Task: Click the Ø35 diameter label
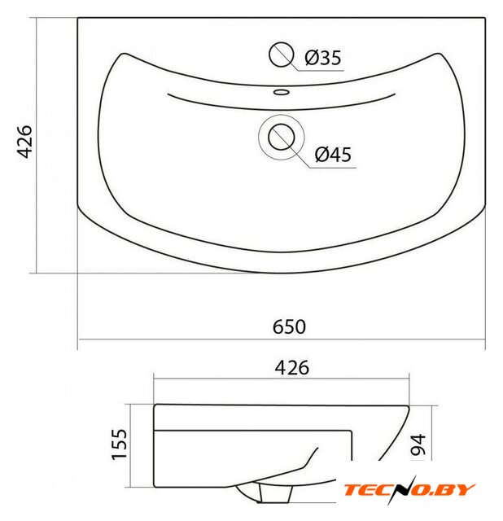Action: [x=322, y=58]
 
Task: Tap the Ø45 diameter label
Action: [x=333, y=155]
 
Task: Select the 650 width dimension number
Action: [x=289, y=326]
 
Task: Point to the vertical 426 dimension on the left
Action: [x=24, y=142]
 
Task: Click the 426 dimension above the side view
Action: [x=291, y=368]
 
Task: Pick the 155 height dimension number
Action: [x=120, y=444]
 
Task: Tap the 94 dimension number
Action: [x=418, y=444]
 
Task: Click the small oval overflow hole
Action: [x=282, y=92]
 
